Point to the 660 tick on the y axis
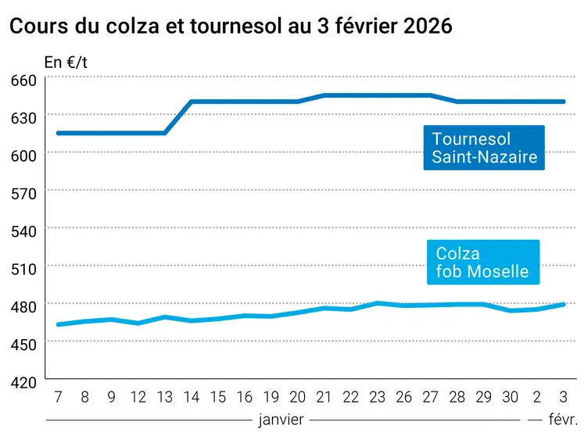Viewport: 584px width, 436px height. (23, 80)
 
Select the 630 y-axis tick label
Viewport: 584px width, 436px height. (23, 117)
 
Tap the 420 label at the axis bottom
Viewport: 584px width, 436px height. (23, 382)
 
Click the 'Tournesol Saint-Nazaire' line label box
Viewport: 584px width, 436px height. (484, 148)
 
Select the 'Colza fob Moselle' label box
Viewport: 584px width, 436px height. (482, 263)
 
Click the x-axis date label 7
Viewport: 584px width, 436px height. (58, 397)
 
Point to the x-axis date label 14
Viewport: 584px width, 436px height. (192, 397)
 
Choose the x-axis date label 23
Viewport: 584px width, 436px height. (378, 397)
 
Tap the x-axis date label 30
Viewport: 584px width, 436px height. (511, 397)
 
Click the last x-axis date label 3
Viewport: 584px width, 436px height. (564, 397)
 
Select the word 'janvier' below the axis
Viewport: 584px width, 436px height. (281, 420)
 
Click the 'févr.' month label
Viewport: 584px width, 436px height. (563, 420)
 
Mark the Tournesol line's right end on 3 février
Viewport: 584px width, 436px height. (564, 102)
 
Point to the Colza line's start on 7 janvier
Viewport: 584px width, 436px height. (59, 324)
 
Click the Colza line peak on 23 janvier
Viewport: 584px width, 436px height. (378, 303)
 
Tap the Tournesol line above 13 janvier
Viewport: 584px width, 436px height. (165, 133)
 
